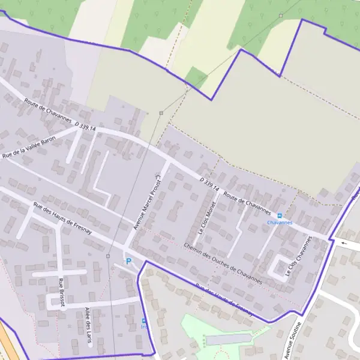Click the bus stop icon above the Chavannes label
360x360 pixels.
[280, 215]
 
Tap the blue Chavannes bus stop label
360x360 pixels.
[280, 223]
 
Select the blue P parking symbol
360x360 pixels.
[128, 262]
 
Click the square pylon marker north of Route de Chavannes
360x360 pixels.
[161, 113]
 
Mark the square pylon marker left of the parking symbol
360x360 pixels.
[108, 256]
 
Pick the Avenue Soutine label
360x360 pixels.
[296, 339]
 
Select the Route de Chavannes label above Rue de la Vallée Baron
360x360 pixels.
[47, 110]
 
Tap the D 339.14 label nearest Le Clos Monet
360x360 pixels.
[209, 182]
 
